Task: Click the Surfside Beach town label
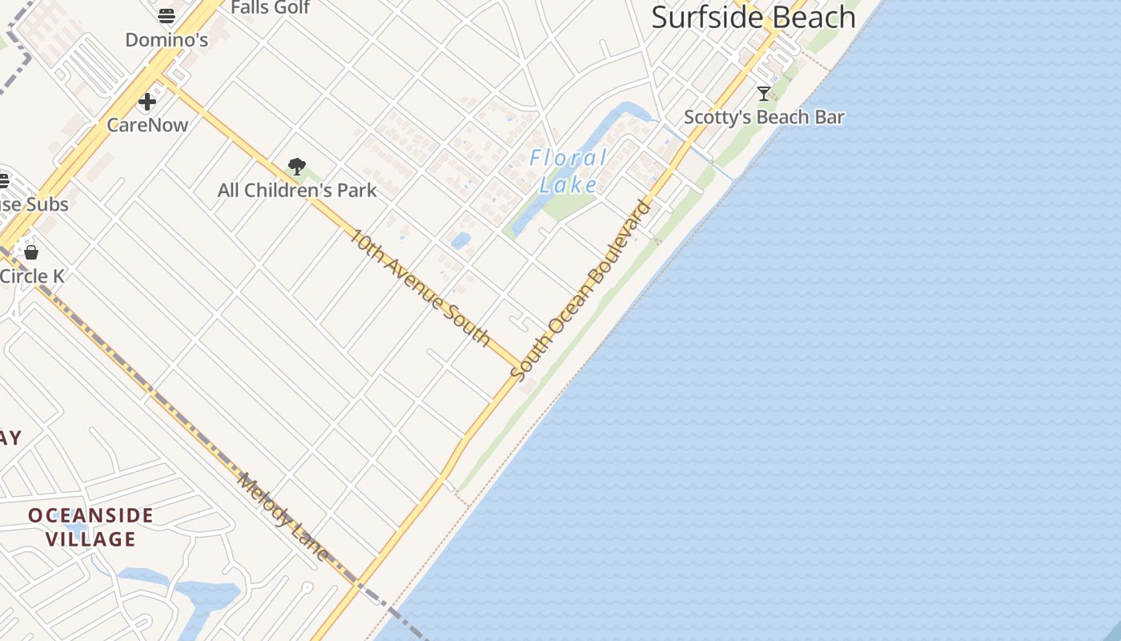(x=753, y=17)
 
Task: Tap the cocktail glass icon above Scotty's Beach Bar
(x=764, y=94)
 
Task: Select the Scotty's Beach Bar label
(x=764, y=117)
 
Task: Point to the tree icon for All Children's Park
(x=297, y=167)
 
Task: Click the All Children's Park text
(x=297, y=191)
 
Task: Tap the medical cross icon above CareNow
(x=147, y=102)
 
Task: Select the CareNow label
(x=147, y=125)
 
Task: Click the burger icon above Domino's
(x=167, y=16)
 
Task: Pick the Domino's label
(x=167, y=39)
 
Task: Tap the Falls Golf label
(x=270, y=7)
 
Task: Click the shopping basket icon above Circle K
(x=31, y=252)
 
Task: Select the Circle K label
(x=32, y=276)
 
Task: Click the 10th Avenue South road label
(x=420, y=288)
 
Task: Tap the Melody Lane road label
(x=283, y=518)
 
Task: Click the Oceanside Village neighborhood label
(x=90, y=526)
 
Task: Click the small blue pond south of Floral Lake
(x=460, y=240)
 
